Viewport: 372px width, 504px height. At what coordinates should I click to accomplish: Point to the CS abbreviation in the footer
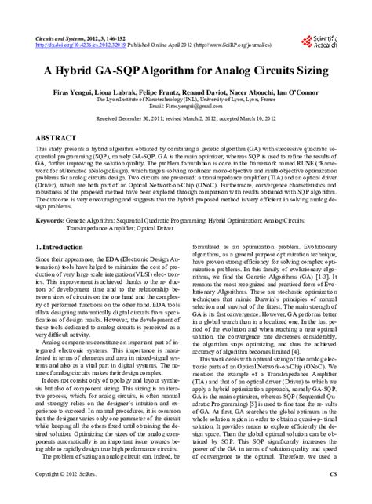(x=332, y=497)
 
